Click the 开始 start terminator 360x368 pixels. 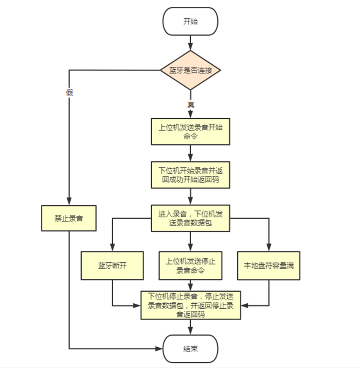(x=190, y=22)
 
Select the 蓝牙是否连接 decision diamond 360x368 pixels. (x=190, y=70)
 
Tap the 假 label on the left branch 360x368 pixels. (x=69, y=93)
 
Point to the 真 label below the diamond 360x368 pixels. (x=190, y=105)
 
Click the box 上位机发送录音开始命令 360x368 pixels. (x=190, y=132)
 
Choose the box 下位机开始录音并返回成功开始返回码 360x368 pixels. (x=190, y=175)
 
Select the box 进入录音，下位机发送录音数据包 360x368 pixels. (x=190, y=218)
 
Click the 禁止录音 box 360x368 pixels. (x=69, y=218)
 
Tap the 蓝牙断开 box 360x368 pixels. (x=112, y=266)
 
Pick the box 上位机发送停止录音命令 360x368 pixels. (x=190, y=266)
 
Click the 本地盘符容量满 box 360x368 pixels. (x=268, y=266)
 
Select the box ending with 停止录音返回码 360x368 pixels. (x=190, y=305)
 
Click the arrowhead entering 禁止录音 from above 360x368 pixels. (x=69, y=202)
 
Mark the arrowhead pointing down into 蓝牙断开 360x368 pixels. (x=112, y=248)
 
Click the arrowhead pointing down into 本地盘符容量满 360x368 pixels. (x=268, y=248)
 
